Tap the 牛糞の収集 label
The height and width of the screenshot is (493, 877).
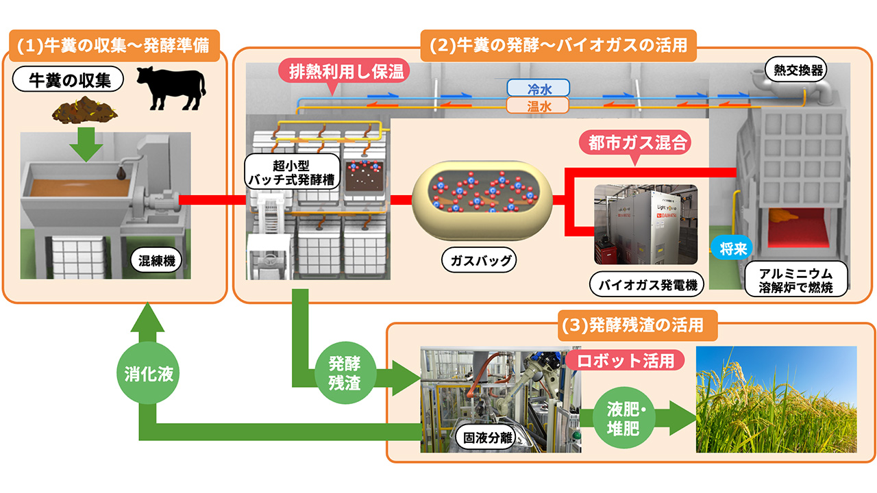coord(68,79)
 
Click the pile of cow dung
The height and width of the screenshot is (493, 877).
coord(84,110)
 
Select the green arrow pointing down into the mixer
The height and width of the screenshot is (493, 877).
coord(86,144)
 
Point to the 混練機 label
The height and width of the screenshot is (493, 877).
coord(156,260)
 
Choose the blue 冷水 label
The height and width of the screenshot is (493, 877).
coord(538,88)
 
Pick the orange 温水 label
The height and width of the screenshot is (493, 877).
coord(538,105)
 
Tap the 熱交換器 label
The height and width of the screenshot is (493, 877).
coord(796,70)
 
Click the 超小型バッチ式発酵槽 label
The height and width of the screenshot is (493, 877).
coord(292,172)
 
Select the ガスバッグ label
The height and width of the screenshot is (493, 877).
coord(479,260)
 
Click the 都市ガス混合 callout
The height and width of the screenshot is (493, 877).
coord(635,144)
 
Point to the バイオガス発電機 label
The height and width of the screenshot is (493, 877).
coord(646,284)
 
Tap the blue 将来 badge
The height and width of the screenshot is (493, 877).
coord(732,248)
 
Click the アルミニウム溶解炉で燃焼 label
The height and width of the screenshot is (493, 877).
coord(795,279)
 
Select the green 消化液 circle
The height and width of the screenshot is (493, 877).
coord(148,373)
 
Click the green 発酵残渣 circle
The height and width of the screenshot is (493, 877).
coord(345,373)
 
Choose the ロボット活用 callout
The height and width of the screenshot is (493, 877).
coord(626,361)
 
